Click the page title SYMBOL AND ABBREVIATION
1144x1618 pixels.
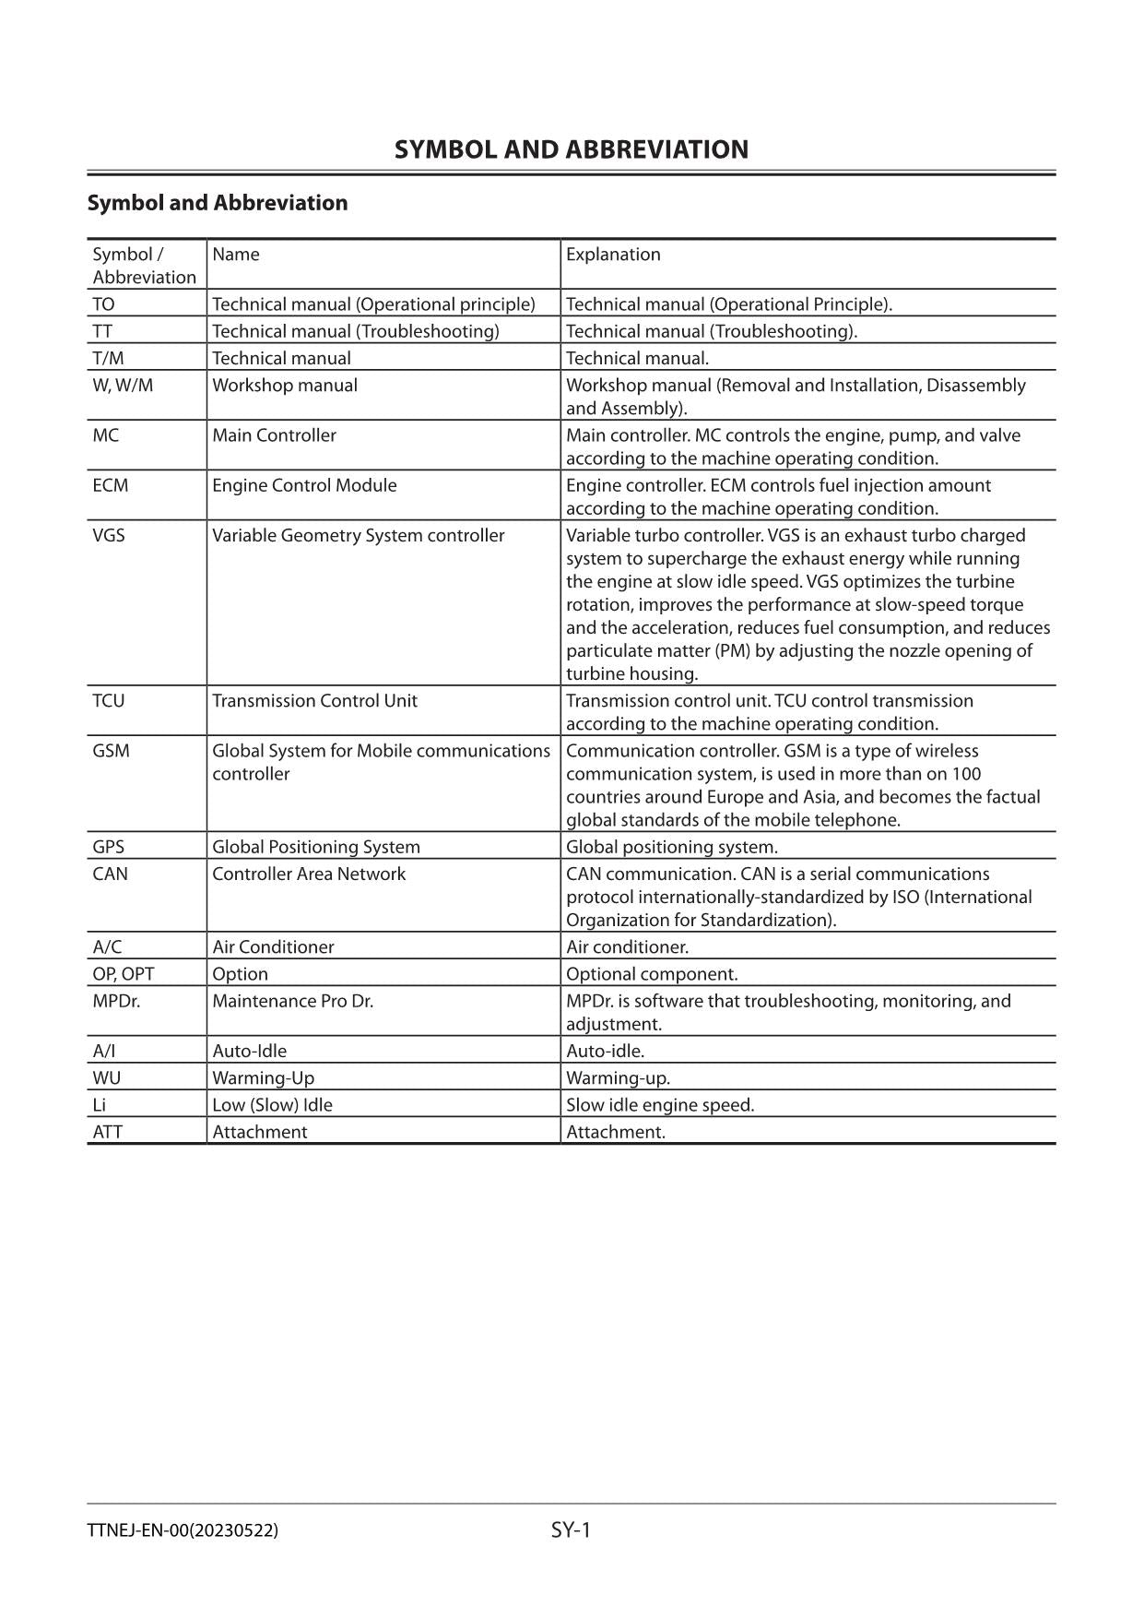tap(571, 149)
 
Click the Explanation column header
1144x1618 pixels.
tap(613, 255)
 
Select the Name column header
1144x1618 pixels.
tap(236, 255)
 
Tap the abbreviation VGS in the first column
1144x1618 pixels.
tap(109, 536)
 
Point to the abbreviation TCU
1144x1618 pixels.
tap(109, 701)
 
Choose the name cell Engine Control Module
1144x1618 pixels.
tap(304, 486)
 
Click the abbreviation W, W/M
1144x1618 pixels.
tap(123, 386)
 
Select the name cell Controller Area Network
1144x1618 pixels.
tap(309, 874)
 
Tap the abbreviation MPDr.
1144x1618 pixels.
tap(116, 1002)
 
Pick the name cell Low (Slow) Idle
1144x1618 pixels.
tap(272, 1105)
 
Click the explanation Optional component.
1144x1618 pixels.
tap(652, 975)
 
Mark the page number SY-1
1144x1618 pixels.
tap(571, 1530)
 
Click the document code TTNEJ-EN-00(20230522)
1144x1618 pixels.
tap(183, 1531)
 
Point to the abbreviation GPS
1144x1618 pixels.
tap(109, 848)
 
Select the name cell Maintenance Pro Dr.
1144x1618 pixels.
tap(292, 1002)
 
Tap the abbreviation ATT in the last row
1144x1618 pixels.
tap(107, 1132)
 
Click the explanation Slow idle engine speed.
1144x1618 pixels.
tap(660, 1105)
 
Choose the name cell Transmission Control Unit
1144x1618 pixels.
tap(314, 701)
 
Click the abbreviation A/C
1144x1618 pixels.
tap(107, 947)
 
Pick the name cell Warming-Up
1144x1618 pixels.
tap(263, 1078)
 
